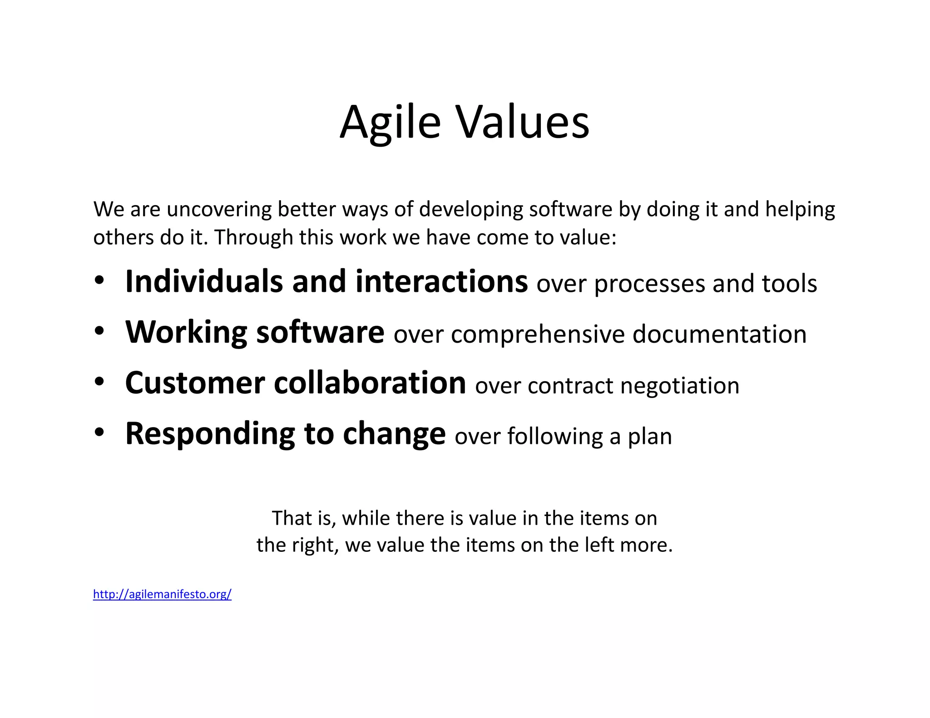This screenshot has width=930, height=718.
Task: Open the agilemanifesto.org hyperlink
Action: [x=162, y=594]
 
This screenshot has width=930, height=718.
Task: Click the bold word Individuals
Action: [x=204, y=281]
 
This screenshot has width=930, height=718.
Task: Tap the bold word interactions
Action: [x=441, y=281]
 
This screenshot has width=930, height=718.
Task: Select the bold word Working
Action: [x=186, y=332]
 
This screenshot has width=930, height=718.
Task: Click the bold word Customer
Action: [x=195, y=383]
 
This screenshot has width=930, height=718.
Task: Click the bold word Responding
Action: [x=210, y=435]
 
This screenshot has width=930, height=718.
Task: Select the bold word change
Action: [x=394, y=435]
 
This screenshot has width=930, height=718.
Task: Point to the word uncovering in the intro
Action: [x=219, y=210]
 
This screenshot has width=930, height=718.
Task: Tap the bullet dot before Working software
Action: [x=99, y=331]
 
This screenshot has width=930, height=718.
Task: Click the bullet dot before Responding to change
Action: [x=99, y=433]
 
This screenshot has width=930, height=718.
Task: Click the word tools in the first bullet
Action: [x=789, y=284]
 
